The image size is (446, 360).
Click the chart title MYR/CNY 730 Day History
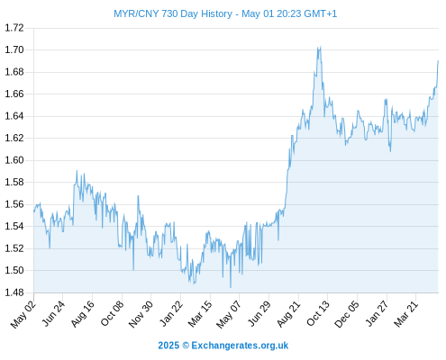[173, 13]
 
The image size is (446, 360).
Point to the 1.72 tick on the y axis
[14, 28]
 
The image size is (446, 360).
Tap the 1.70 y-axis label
[14, 49]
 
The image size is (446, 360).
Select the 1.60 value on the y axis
[14, 160]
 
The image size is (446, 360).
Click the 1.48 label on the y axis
[14, 292]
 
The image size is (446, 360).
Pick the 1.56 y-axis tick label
[14, 204]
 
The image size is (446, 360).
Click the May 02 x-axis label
[23, 314]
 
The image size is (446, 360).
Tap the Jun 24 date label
[53, 313]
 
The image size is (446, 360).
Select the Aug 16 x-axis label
[83, 314]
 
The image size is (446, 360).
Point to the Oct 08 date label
[112, 314]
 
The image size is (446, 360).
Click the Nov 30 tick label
[141, 314]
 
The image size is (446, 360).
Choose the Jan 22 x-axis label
[171, 313]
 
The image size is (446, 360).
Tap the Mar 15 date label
[200, 314]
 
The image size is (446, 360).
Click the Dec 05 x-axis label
[347, 314]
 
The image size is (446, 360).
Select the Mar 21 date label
[405, 314]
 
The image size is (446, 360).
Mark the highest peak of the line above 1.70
[321, 47]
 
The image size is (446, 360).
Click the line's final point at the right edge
[438, 61]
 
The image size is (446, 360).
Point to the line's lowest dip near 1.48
[231, 287]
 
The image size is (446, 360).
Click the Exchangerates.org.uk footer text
[240, 346]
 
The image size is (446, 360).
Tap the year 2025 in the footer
[168, 346]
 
